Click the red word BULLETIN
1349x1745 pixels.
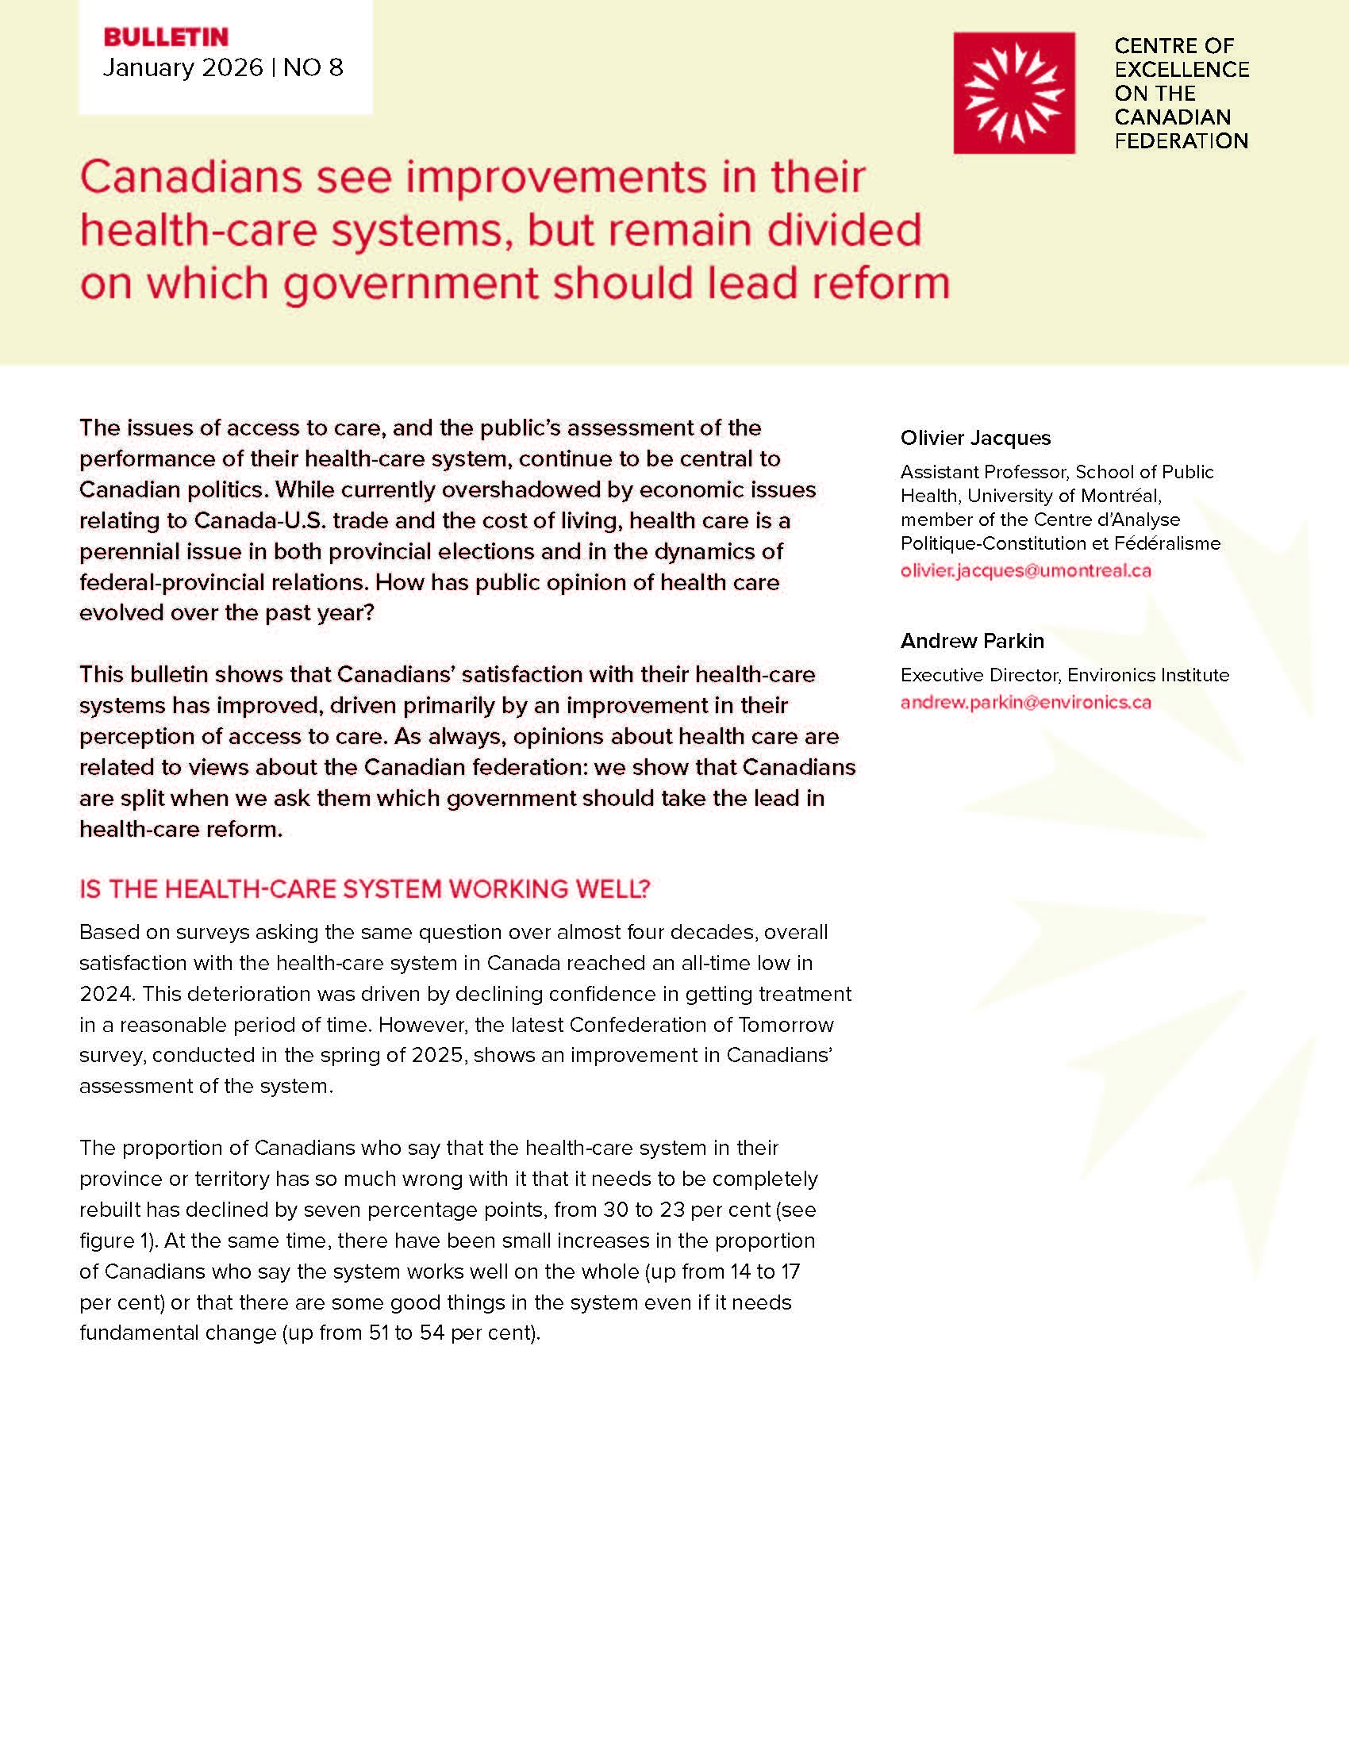coord(166,36)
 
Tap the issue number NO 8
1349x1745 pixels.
coord(313,68)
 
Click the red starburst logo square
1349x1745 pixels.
coord(1013,93)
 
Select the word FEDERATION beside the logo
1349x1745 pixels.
coord(1182,141)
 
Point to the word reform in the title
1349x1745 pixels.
coord(876,283)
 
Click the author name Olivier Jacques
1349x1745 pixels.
coord(975,438)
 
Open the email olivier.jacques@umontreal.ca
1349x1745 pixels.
coord(1025,570)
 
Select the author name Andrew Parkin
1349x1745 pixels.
coord(972,641)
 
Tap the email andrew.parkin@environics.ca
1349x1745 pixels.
coord(1025,702)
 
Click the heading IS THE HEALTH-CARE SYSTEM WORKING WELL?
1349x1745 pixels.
coord(364,889)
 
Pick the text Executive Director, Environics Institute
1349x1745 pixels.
coord(1064,675)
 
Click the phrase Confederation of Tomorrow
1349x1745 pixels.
coord(701,1025)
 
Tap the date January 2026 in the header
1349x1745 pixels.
coord(183,68)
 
